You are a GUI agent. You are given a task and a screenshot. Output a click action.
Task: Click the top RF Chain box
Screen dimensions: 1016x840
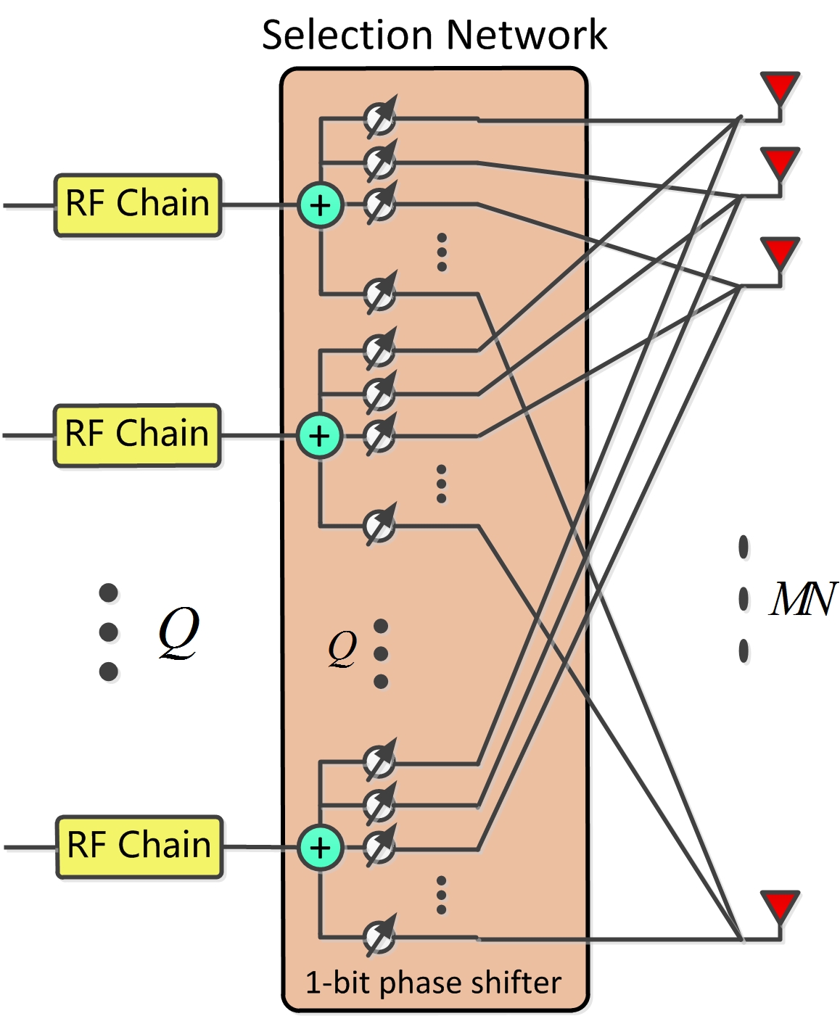pos(137,205)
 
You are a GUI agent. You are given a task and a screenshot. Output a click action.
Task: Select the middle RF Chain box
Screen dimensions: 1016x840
pos(136,435)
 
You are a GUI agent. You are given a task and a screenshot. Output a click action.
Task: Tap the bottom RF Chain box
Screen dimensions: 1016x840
pos(139,846)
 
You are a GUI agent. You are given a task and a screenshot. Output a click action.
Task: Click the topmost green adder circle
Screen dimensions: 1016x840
pos(320,206)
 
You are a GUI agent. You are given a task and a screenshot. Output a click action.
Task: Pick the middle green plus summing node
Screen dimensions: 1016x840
pos(319,436)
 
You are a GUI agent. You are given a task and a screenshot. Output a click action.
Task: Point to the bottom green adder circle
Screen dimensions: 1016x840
pos(320,847)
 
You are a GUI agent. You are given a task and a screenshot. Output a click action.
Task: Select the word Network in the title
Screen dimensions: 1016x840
pos(527,35)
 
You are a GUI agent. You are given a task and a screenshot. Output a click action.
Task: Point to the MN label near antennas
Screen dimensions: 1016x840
pos(802,599)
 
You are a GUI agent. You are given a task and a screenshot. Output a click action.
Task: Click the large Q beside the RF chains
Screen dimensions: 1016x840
pos(178,632)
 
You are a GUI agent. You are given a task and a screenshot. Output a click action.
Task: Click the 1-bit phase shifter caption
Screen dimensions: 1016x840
pos(433,983)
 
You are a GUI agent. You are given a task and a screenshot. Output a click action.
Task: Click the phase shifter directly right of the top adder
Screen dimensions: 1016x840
pos(379,205)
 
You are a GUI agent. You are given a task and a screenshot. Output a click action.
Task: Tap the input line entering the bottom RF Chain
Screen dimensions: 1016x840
pos(29,846)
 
